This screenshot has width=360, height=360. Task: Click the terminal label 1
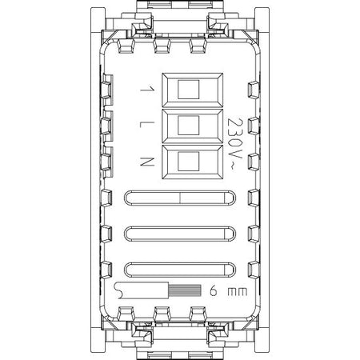(x=147, y=89)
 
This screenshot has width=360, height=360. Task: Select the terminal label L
(x=147, y=124)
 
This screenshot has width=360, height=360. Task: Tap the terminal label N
(x=147, y=162)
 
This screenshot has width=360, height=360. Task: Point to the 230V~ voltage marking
(x=234, y=144)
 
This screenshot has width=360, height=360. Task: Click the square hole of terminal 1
(x=188, y=90)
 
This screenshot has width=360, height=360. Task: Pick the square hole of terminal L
(x=188, y=126)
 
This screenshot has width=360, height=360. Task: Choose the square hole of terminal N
(x=188, y=162)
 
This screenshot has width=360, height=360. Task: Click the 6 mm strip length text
(x=228, y=291)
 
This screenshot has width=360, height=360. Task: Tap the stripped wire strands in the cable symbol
(x=185, y=290)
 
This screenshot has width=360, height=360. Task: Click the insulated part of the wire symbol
(x=142, y=290)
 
